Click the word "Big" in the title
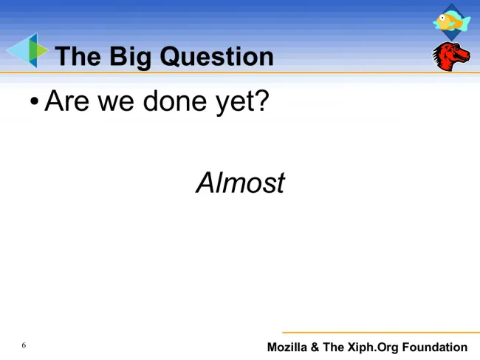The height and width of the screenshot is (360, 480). tap(131, 58)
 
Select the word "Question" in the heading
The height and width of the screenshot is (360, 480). tap(216, 56)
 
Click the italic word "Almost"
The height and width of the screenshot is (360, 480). tap(241, 183)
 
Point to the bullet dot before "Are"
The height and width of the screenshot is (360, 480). tap(35, 101)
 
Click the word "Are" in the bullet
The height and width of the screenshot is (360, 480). tap(67, 101)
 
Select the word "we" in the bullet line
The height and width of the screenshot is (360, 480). tap(116, 103)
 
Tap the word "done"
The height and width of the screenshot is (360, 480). tap(174, 101)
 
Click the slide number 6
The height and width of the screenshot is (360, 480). tap(24, 345)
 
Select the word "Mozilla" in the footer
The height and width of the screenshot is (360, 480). tap(287, 347)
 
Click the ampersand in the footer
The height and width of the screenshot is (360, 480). tap(315, 347)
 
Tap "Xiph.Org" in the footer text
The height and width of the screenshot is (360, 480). tap(372, 347)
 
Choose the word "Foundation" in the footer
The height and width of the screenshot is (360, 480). tap(435, 347)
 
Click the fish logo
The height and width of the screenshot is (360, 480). tap(451, 21)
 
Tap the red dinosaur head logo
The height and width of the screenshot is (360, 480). tap(450, 57)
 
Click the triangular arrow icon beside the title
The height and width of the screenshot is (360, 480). tap(27, 50)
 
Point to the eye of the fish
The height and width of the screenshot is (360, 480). tap(442, 18)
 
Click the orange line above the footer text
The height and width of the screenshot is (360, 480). tap(381, 332)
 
